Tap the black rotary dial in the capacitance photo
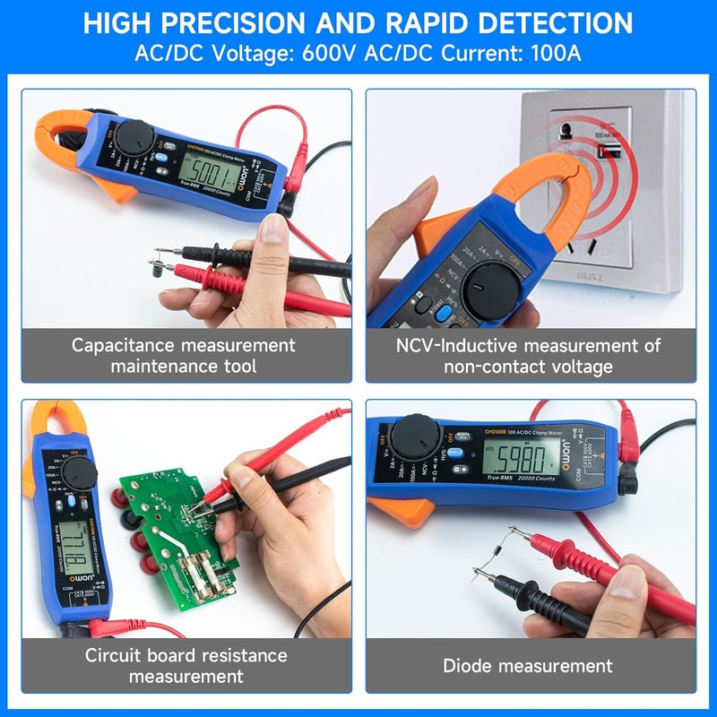(135, 137)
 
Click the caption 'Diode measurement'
(528, 665)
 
